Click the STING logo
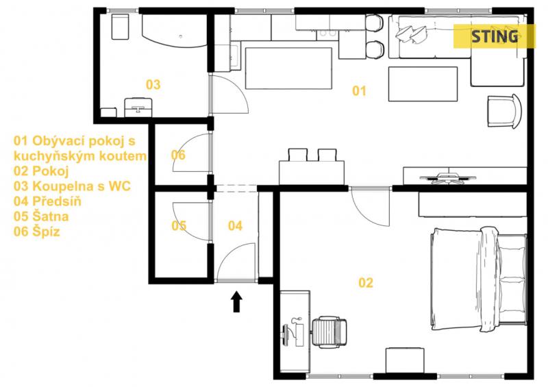coord(494,36)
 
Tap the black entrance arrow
coord(236,301)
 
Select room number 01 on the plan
coord(359,91)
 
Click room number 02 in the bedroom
coord(366,282)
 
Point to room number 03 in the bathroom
coord(153,84)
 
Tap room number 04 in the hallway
coord(235,226)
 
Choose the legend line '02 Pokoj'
coord(41,171)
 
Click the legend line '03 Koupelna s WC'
coord(72,186)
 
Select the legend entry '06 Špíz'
coord(37,232)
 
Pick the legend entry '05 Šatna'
coord(41,216)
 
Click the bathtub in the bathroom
coord(175,31)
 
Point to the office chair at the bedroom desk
coord(329,332)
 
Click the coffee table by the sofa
coord(423,84)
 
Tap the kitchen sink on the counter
coord(328,34)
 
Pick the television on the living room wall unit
coord(448,178)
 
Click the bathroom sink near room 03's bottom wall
coord(138,107)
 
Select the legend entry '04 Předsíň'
coord(47,201)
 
